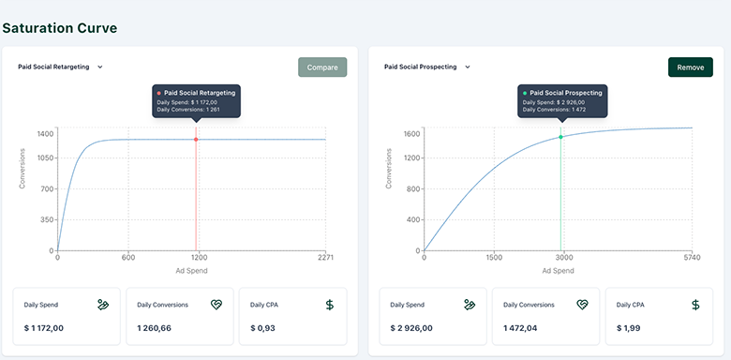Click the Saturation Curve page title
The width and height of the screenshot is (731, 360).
60,28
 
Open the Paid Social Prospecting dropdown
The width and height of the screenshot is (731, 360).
427,67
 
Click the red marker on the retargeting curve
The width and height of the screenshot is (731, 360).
196,140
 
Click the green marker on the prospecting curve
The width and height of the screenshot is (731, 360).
561,137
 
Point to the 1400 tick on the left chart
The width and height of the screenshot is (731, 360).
45,134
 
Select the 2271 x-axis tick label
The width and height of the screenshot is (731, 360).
325,258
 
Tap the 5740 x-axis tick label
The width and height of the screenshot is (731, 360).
692,258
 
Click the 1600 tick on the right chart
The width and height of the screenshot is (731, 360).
411,134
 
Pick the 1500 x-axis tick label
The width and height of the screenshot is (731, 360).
494,258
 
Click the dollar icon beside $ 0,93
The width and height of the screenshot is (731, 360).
329,305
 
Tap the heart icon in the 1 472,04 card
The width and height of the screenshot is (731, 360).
582,305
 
